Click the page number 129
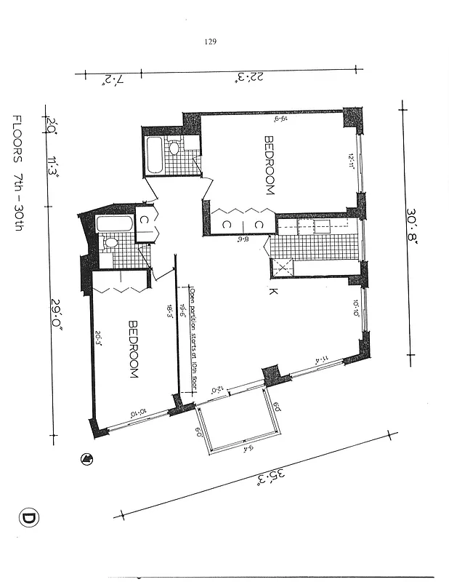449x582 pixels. pyautogui.click(x=211, y=41)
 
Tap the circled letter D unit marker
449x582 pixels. pyautogui.click(x=28, y=519)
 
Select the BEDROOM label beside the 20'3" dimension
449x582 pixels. pyautogui.click(x=134, y=348)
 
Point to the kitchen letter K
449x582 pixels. pyautogui.click(x=272, y=292)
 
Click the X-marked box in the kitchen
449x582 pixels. pyautogui.click(x=280, y=267)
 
